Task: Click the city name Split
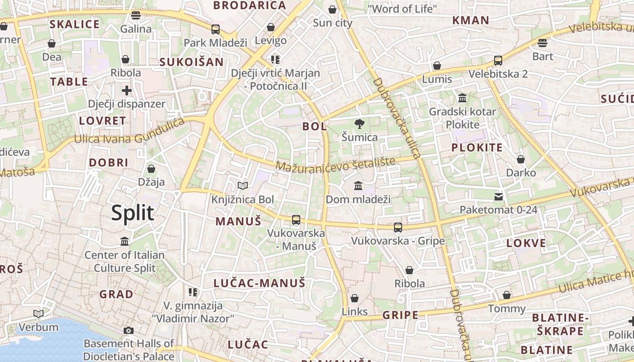click(133, 213)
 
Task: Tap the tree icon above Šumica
click(360, 123)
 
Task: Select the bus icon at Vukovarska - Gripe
click(398, 227)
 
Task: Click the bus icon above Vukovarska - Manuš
click(296, 220)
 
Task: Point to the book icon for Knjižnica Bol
click(243, 186)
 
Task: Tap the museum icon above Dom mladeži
click(358, 186)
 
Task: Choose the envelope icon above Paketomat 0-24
click(499, 196)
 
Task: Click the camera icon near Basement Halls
click(129, 330)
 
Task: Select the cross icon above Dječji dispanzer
click(127, 90)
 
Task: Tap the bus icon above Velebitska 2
click(498, 60)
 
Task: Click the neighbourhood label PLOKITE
click(477, 148)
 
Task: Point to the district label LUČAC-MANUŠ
click(259, 283)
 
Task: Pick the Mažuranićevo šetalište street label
click(335, 164)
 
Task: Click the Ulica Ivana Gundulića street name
click(130, 131)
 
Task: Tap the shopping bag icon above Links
click(355, 298)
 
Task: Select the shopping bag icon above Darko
click(521, 159)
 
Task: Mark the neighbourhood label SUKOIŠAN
click(192, 62)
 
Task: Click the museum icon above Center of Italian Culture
click(125, 241)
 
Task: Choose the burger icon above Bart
click(543, 43)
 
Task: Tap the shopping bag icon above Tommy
click(507, 295)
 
